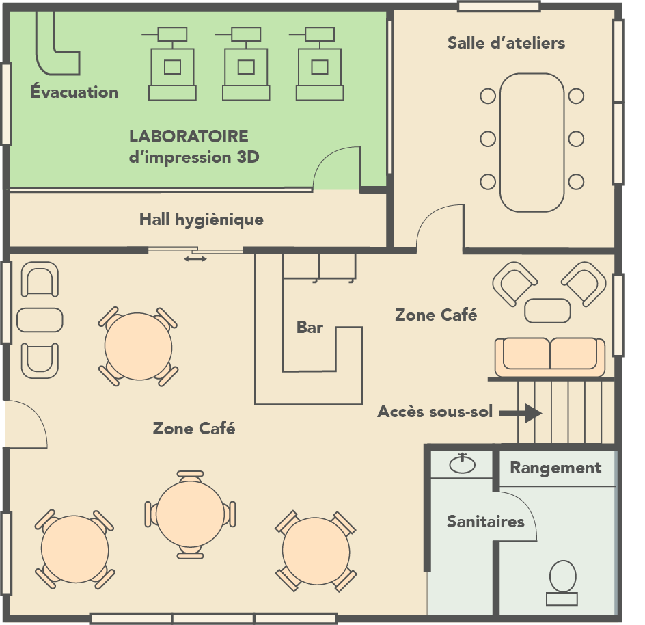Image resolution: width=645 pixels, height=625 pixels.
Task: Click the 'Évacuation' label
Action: pyautogui.click(x=74, y=92)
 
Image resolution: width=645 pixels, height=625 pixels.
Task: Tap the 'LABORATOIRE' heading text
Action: pyautogui.click(x=189, y=136)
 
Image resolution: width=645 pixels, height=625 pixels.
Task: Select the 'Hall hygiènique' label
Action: pyautogui.click(x=201, y=220)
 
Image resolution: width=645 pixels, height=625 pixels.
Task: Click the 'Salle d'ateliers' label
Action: pyautogui.click(x=506, y=43)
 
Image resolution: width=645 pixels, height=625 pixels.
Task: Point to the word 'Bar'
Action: pyautogui.click(x=310, y=328)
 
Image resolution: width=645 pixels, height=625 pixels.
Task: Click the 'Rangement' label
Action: pyautogui.click(x=555, y=468)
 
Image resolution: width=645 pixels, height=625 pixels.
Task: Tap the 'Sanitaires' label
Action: pyautogui.click(x=485, y=522)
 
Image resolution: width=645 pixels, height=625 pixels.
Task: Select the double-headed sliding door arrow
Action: pyautogui.click(x=196, y=258)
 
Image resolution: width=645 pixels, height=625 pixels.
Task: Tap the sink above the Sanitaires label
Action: pyautogui.click(x=463, y=464)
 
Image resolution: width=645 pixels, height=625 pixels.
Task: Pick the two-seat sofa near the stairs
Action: pyautogui.click(x=550, y=356)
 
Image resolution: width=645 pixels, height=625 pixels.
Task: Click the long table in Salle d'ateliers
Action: pyautogui.click(x=532, y=142)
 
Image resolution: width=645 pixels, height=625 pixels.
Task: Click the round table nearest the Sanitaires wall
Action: pyautogui.click(x=316, y=551)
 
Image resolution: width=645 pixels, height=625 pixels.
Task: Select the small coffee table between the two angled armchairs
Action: pyautogui.click(x=547, y=310)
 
